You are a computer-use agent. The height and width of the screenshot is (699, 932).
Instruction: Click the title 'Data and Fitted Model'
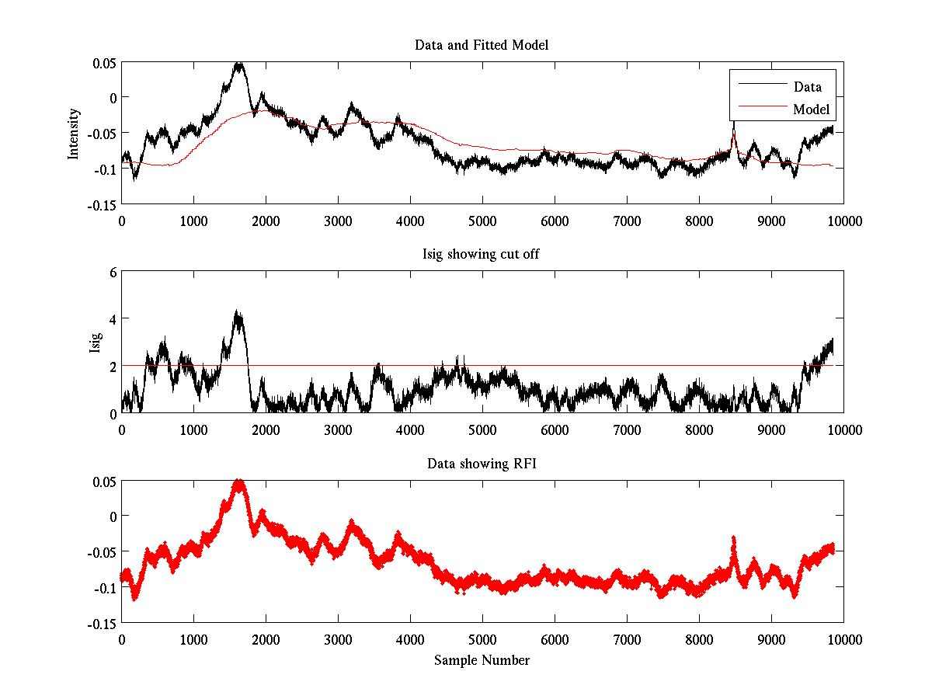click(x=482, y=45)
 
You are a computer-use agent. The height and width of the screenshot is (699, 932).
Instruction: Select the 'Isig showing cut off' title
click(x=482, y=255)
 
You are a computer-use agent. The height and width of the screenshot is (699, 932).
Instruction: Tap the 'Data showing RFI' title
click(x=482, y=464)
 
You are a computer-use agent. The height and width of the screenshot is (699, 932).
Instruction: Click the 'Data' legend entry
click(x=807, y=87)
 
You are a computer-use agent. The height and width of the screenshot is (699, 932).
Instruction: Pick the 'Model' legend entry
click(x=811, y=110)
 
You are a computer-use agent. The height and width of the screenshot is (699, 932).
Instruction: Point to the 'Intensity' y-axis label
click(x=74, y=133)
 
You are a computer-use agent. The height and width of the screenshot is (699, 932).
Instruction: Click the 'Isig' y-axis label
click(x=96, y=343)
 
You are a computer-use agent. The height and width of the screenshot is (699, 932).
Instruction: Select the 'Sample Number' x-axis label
click(x=482, y=660)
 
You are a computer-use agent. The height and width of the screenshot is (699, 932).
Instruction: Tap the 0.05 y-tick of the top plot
click(x=104, y=62)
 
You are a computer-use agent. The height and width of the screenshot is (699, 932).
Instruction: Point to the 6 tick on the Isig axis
click(x=113, y=272)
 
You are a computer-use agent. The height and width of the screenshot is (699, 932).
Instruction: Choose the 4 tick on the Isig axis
click(x=113, y=319)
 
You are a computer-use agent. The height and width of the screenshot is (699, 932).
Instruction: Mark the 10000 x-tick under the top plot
click(x=843, y=221)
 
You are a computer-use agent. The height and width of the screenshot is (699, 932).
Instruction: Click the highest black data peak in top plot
click(x=239, y=64)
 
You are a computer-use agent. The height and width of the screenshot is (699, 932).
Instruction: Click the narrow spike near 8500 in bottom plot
click(x=734, y=538)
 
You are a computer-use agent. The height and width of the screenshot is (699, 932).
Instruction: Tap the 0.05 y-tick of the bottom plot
click(x=104, y=482)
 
